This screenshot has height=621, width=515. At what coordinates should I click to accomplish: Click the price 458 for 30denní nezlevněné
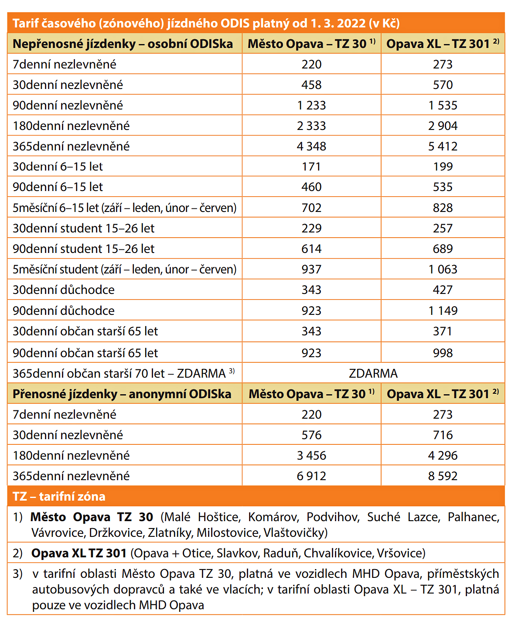point(311,85)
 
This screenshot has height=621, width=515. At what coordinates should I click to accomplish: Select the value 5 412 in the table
point(443,146)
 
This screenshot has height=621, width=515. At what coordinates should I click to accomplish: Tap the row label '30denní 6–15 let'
point(58,167)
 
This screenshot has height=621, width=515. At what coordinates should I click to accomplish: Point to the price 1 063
point(443,270)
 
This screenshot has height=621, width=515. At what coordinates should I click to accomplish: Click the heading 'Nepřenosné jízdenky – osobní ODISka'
point(123,44)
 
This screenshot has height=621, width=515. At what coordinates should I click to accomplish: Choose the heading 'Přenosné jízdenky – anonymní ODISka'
point(122,394)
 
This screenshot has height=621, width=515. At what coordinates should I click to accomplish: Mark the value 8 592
point(443,476)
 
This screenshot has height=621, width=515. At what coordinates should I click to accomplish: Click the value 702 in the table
point(311,208)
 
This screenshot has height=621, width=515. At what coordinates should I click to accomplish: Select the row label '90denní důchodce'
point(64,310)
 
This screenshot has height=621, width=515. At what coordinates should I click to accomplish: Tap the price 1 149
point(443,310)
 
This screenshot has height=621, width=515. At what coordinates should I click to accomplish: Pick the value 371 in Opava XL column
point(443,331)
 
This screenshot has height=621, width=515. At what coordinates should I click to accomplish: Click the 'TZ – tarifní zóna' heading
point(59,497)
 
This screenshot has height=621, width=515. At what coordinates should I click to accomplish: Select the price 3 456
point(311,455)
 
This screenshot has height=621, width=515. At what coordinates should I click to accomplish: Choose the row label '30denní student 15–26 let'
point(83,229)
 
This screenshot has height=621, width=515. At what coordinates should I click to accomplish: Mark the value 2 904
point(443,126)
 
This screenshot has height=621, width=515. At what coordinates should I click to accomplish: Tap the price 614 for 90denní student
point(311,249)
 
